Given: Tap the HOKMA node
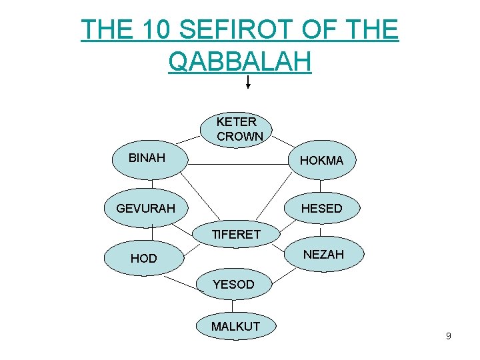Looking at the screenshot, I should coord(321,160).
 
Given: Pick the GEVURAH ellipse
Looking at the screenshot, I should coord(147,208).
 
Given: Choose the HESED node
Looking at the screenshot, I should coord(321,208).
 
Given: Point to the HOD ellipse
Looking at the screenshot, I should coord(145,258).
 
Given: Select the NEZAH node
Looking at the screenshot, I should coord(323,254).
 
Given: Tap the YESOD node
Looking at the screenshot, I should coord(233,285).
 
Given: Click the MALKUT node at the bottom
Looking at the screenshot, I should coord(235,327).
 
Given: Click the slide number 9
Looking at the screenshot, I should coord(448,336).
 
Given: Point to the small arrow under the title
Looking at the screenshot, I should coord(248,83).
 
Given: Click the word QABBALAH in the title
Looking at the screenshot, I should coord(240,61).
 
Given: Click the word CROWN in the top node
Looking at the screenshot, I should coord(240,137).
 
